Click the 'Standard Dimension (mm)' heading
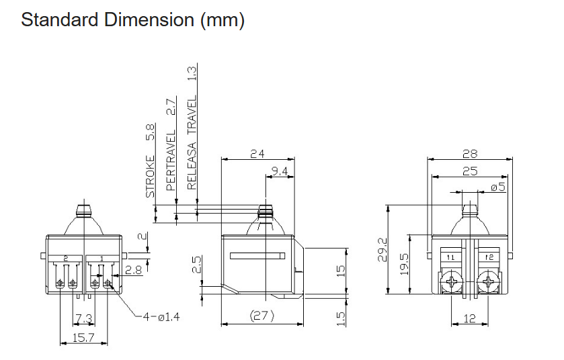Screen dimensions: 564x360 [x=132, y=19]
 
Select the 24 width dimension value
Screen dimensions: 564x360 [x=257, y=154]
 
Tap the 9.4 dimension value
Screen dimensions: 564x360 [x=280, y=171]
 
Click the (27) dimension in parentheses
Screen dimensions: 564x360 [x=262, y=316]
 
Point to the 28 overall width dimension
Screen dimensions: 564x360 [x=470, y=154]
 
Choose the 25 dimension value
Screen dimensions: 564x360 [x=470, y=171]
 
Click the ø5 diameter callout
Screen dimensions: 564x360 [x=498, y=187]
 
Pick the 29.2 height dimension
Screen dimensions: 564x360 [x=383, y=250]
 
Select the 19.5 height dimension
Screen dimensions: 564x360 [x=405, y=264]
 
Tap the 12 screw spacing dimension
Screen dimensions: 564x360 [x=470, y=318]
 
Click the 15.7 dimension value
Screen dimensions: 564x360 [x=83, y=338]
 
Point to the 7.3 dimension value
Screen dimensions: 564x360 [x=84, y=318]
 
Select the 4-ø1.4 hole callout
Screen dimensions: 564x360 [x=161, y=317]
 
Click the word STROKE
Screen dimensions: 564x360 [x=151, y=177]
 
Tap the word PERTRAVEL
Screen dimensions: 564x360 [x=171, y=161]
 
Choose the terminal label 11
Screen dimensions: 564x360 [x=450, y=257]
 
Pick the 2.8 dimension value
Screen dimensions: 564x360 [x=134, y=269]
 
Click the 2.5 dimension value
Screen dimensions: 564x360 [x=197, y=264]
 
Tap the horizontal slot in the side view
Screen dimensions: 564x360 [x=257, y=256]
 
